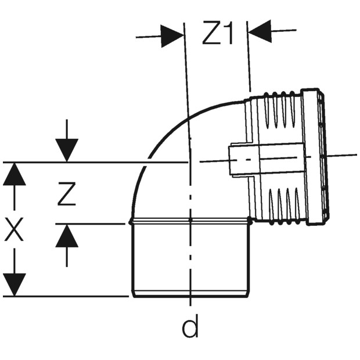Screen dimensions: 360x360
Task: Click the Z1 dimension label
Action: (218, 33)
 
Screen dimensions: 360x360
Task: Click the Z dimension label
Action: (66, 193)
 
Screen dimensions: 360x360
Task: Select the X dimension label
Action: (14, 229)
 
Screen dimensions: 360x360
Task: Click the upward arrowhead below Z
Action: (67, 236)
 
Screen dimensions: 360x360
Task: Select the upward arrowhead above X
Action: (15, 174)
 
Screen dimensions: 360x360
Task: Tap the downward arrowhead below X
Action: (15, 285)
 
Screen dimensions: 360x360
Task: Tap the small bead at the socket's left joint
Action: (131, 222)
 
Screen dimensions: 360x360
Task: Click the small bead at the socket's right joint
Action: (250, 221)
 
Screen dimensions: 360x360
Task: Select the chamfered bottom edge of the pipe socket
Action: (190, 294)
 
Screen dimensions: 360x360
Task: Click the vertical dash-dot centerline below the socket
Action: (190, 264)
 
